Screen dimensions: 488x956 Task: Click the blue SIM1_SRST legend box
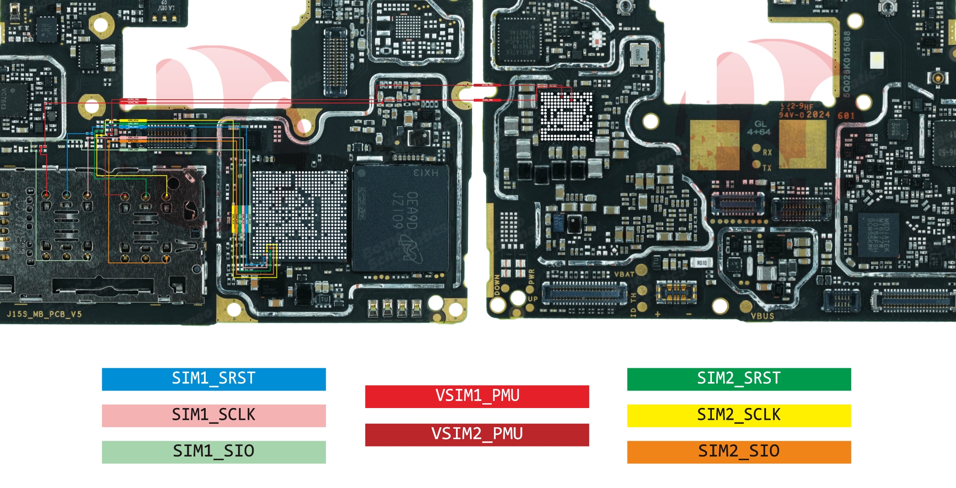214,379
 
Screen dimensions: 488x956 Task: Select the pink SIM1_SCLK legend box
214,415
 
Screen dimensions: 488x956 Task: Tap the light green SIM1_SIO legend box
214,452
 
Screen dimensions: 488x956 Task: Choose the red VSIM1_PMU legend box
477,396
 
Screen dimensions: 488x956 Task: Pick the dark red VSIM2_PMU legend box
477,434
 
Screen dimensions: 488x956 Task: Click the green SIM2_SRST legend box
739,379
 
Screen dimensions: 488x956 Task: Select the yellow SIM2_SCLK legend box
739,415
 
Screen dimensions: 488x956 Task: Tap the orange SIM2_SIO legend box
739,452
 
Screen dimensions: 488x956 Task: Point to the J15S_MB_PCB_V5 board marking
44,314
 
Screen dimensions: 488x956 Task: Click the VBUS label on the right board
762,316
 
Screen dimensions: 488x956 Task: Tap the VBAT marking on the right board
624,274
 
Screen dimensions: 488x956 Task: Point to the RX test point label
767,152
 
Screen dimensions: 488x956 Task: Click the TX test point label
767,168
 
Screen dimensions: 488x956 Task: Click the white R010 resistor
701,263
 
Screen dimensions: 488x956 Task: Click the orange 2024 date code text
818,114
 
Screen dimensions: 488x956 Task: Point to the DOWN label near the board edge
497,285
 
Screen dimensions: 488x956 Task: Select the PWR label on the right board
531,276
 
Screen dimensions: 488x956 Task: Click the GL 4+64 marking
759,128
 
